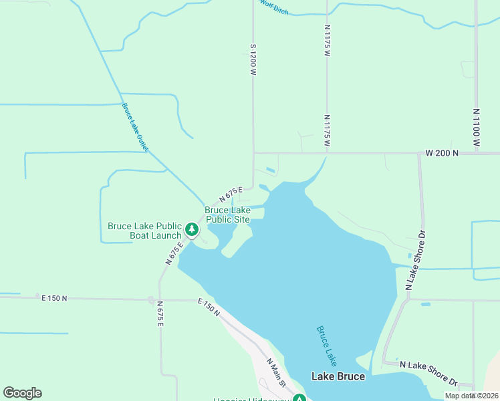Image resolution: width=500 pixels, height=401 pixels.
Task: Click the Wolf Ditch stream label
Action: [x=274, y=6]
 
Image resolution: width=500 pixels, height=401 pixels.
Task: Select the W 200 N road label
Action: [x=442, y=153]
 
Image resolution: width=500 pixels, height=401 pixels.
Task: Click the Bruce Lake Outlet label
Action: [x=135, y=126]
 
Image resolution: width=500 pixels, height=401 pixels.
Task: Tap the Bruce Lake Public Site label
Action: [x=227, y=215]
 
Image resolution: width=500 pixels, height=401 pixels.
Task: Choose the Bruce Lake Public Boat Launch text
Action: [x=144, y=231]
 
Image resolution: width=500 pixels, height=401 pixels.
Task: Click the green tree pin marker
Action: [x=193, y=230]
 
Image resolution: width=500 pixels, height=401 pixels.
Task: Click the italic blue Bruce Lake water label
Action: [x=326, y=346]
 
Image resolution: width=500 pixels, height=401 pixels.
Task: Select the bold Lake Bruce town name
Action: [x=338, y=376]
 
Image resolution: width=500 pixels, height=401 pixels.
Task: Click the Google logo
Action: [x=22, y=393]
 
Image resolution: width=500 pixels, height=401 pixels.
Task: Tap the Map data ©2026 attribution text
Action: [x=471, y=396]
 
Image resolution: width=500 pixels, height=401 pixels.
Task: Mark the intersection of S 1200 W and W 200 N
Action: [x=253, y=153]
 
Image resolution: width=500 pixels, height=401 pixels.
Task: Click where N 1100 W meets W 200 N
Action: [x=477, y=153]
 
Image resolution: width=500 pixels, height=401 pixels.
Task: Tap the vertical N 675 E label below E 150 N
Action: [x=160, y=313]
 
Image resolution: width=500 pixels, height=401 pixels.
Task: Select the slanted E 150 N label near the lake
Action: [x=209, y=307]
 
